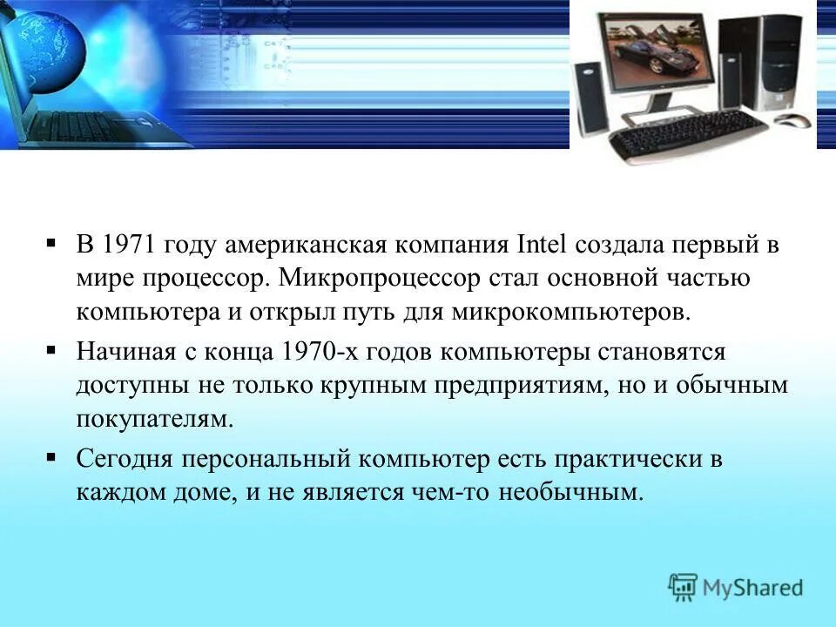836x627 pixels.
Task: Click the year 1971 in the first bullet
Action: click(128, 245)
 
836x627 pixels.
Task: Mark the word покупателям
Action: click(155, 420)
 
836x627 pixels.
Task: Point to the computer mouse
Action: click(793, 121)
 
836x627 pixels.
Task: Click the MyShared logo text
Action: click(752, 588)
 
